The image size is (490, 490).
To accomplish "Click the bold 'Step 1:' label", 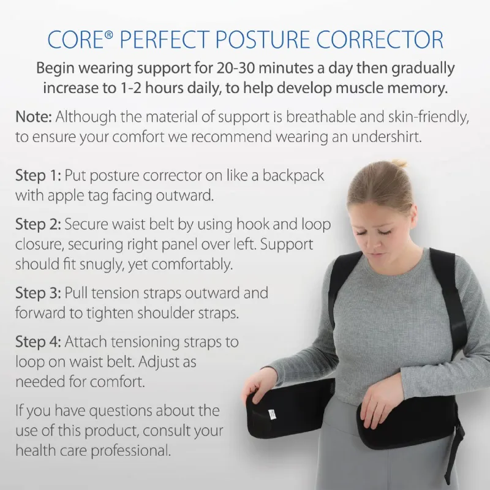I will click(37, 175).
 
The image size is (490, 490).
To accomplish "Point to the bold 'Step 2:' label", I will click(37, 225).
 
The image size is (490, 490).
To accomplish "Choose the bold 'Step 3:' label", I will click(37, 293).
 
